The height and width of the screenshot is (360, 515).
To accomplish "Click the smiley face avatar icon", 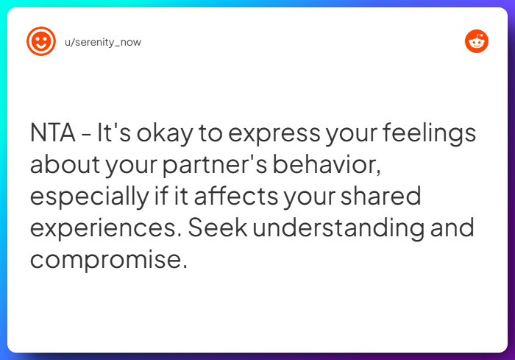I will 41,41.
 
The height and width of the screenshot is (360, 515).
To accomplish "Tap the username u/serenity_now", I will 103,42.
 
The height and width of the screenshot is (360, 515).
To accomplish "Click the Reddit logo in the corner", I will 477,41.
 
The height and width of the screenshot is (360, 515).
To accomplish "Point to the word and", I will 452,228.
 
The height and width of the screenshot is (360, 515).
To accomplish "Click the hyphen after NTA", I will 87,135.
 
